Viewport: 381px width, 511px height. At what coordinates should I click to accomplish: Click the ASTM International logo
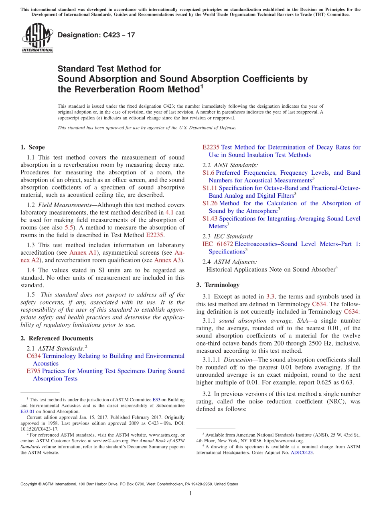coord(37,38)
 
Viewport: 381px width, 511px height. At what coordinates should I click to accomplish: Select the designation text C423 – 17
coord(96,35)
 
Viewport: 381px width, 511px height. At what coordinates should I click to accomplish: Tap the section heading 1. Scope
coord(32,147)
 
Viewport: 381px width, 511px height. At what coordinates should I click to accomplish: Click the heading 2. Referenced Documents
coord(57,338)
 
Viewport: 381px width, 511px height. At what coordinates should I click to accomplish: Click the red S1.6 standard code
coord(209,173)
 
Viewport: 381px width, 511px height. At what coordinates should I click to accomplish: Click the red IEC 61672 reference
coord(218,244)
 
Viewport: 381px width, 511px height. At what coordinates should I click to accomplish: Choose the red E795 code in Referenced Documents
coord(33,371)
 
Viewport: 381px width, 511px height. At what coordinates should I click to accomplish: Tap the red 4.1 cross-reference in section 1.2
coord(169,212)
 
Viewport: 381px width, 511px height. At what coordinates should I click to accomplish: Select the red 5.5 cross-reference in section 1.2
coord(69,227)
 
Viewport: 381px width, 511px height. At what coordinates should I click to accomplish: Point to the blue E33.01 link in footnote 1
coord(26,411)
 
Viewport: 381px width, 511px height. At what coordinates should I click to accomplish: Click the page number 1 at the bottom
coord(190,494)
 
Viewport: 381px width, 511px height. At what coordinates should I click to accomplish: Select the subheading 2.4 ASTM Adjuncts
coord(230,262)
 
